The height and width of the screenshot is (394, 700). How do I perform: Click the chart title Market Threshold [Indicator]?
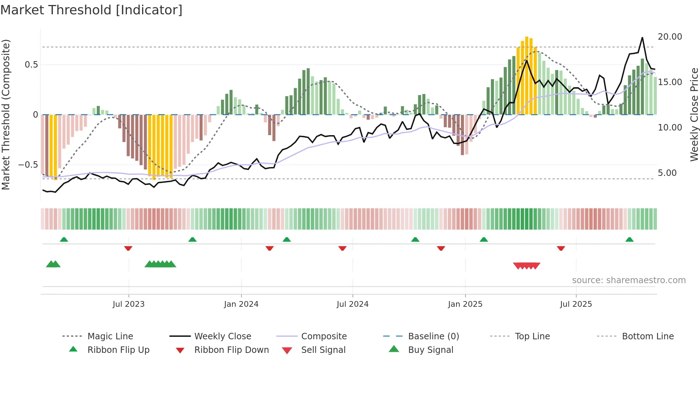pyautogui.click(x=91, y=10)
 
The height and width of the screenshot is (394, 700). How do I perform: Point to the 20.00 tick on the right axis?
pyautogui.click(x=670, y=37)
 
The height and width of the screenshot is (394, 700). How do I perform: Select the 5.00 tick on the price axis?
pyautogui.click(x=667, y=173)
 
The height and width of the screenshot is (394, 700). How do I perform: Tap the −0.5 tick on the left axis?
pyautogui.click(x=28, y=165)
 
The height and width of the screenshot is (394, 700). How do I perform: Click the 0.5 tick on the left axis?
pyautogui.click(x=31, y=65)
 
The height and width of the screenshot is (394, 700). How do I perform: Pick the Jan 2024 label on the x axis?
pyautogui.click(x=241, y=304)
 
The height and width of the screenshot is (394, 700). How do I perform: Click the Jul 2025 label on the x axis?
pyautogui.click(x=576, y=304)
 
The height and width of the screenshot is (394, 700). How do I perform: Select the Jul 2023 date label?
pyautogui.click(x=129, y=304)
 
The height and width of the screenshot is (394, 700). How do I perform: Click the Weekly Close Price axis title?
pyautogui.click(x=694, y=114)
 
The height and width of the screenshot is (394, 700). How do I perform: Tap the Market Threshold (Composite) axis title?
pyautogui.click(x=6, y=114)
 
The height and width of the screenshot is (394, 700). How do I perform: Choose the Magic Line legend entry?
pyautogui.click(x=110, y=336)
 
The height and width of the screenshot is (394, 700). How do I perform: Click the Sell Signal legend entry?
pyautogui.click(x=323, y=350)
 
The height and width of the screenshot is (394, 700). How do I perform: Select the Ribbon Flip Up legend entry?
pyautogui.click(x=118, y=350)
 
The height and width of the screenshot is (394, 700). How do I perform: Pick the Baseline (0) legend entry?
pyautogui.click(x=433, y=336)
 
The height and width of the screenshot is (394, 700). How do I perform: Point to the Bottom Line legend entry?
pyautogui.click(x=647, y=336)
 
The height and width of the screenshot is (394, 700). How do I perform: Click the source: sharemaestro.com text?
pyautogui.click(x=629, y=280)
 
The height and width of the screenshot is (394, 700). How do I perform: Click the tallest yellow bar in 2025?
pyautogui.click(x=527, y=75)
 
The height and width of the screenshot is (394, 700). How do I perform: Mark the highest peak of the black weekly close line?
pyautogui.click(x=642, y=38)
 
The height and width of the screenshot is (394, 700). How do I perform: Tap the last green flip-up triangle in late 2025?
pyautogui.click(x=629, y=240)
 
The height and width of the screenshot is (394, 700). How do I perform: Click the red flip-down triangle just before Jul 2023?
pyautogui.click(x=128, y=248)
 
